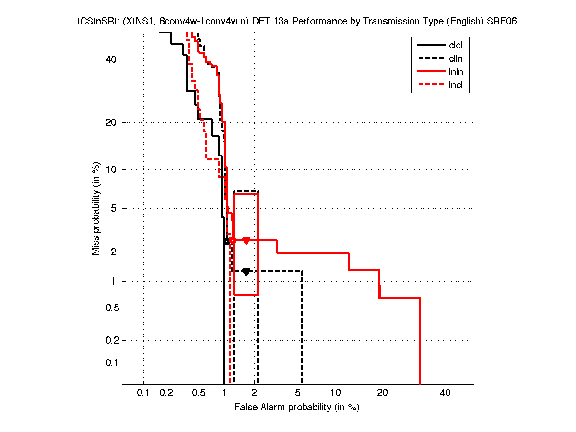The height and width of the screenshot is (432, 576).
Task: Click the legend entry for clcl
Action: [x=456, y=46]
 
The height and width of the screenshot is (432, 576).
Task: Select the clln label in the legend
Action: [x=456, y=59]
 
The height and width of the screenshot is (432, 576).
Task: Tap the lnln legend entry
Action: [x=456, y=72]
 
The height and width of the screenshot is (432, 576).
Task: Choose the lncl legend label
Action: [x=456, y=85]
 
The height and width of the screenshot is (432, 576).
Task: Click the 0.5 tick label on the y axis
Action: [x=110, y=308]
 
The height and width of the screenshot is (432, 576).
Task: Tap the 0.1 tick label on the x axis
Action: [x=143, y=393]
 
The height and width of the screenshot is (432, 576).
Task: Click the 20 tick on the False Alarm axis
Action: [x=382, y=393]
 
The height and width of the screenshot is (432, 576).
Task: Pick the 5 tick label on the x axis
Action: [x=298, y=393]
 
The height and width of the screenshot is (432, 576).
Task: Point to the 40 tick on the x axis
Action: [x=446, y=393]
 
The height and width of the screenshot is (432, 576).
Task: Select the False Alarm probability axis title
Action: [x=297, y=408]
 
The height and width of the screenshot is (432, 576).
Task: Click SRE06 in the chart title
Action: [x=501, y=22]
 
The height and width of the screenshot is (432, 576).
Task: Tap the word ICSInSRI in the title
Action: [x=94, y=22]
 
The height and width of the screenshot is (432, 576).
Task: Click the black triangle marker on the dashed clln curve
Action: [x=246, y=271]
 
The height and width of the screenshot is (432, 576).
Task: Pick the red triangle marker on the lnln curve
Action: [x=246, y=240]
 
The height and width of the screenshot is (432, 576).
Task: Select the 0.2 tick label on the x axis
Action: [x=166, y=393]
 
